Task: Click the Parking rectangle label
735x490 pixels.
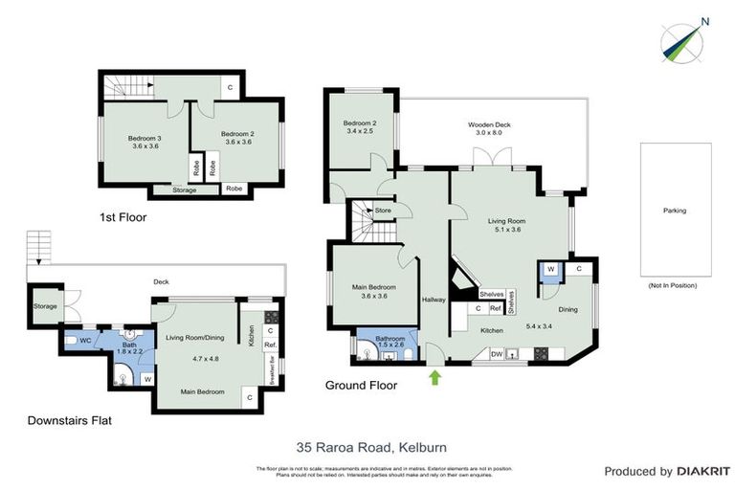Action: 675,211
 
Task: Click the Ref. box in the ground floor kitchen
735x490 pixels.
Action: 496,308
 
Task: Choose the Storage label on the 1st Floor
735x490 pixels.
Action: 185,189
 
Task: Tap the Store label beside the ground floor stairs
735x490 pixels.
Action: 384,211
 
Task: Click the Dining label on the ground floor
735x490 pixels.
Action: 568,309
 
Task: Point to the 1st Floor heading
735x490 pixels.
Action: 122,217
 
